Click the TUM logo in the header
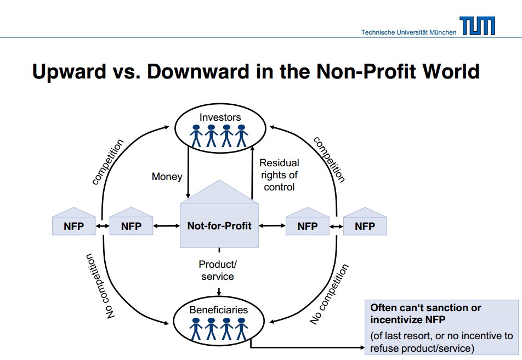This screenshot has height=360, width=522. coord(477,26)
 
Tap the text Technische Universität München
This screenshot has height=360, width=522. coord(409,32)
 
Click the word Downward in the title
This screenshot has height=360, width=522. coord(198,71)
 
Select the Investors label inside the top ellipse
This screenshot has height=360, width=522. coord(220,117)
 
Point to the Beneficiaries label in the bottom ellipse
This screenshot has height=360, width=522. coord(219,310)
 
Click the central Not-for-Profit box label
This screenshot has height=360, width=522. coord(219,226)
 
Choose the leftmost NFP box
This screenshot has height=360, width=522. coord(73,221)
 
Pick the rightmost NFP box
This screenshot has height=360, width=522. coord(365,221)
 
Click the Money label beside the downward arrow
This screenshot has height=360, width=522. coord(167,176)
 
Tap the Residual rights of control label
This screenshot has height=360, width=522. coord(279,175)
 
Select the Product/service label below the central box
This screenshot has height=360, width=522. coord(218,271)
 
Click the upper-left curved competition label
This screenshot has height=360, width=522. coord(108,162)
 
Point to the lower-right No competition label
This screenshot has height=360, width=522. coord(329,294)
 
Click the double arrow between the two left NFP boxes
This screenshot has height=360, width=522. coord(103,226)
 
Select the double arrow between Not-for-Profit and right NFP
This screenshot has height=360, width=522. coord(272,226)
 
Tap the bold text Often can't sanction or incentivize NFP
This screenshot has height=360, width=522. coord(425,314)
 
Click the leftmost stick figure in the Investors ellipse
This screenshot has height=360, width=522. coord(196,136)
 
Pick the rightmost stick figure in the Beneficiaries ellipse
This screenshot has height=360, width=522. coord(241,329)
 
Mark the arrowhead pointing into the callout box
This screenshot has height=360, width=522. coord(362,348)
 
